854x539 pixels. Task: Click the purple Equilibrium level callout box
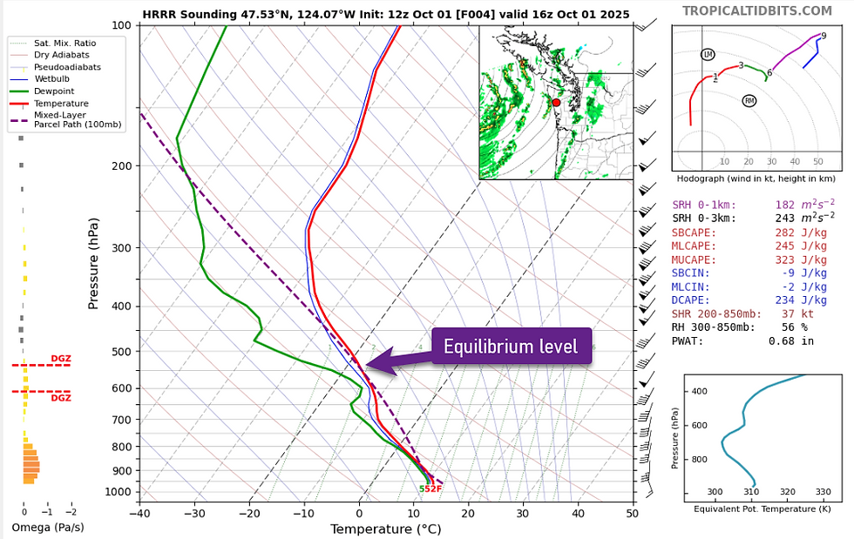[x=511, y=347]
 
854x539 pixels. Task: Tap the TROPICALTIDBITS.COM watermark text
[x=756, y=10]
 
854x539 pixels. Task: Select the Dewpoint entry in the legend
[x=53, y=91]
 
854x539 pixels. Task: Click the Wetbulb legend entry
[x=53, y=78]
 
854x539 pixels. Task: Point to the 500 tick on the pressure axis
[x=120, y=352]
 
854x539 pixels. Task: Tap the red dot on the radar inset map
[x=557, y=103]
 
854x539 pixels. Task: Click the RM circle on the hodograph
[x=749, y=101]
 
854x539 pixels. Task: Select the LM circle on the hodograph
[x=708, y=55]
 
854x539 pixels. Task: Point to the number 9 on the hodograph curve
[x=823, y=36]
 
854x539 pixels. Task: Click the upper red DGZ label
[x=61, y=359]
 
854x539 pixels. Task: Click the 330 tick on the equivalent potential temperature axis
[x=822, y=492]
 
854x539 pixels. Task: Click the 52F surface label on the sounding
[x=430, y=488]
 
